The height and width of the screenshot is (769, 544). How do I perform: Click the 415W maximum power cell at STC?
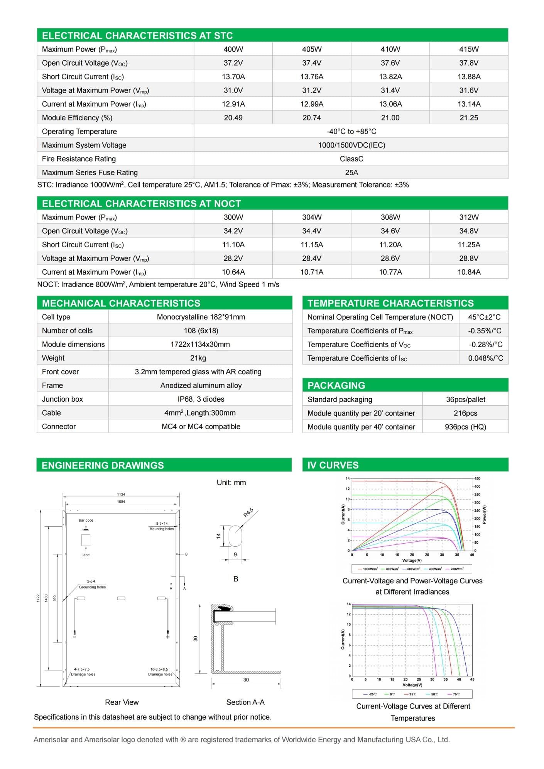click(469, 49)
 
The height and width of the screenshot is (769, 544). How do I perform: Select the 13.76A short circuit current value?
click(312, 77)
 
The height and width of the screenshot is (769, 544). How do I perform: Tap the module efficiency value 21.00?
click(390, 118)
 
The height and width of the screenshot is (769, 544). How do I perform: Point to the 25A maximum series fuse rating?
click(351, 172)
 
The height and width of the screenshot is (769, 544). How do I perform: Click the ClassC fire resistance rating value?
click(351, 159)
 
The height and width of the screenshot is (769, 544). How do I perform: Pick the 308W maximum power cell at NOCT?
click(390, 217)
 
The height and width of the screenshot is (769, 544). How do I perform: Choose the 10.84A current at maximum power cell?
click(469, 272)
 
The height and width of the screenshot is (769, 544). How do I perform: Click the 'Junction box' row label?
click(63, 399)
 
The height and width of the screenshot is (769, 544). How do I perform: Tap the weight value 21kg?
click(198, 358)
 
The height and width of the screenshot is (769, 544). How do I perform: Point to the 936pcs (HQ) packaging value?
click(465, 427)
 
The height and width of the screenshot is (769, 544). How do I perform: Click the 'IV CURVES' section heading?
click(333, 465)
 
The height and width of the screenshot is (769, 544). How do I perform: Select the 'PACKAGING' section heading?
click(336, 385)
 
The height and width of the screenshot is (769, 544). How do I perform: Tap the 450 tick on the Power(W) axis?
click(477, 478)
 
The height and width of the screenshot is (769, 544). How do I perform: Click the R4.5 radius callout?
click(249, 513)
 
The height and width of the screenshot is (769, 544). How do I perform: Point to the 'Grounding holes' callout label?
click(92, 587)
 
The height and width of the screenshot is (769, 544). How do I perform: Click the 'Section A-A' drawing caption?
click(245, 702)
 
